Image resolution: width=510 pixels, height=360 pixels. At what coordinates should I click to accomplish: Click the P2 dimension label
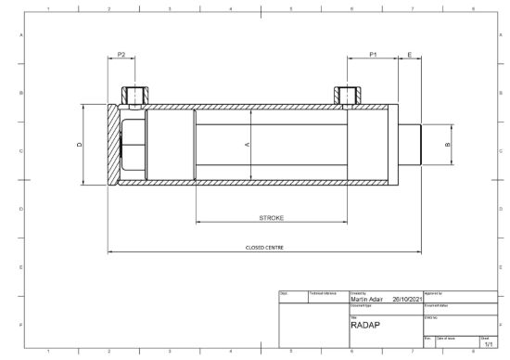tap(121, 56)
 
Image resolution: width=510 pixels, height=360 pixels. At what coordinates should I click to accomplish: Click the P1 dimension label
tap(373, 56)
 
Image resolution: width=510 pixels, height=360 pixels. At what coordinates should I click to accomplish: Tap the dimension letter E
tap(410, 56)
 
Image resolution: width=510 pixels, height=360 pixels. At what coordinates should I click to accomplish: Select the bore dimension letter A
tap(248, 146)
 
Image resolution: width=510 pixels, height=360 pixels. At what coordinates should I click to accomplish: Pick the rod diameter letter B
tap(448, 146)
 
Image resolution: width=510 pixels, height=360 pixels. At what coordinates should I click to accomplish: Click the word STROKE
tap(271, 218)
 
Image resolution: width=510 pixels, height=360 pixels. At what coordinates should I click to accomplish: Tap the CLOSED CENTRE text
tap(264, 248)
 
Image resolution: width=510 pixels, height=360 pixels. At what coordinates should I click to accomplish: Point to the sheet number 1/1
tap(489, 344)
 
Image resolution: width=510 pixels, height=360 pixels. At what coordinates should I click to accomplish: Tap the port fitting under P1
tap(346, 95)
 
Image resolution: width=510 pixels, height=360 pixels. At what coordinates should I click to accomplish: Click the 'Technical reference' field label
tap(322, 292)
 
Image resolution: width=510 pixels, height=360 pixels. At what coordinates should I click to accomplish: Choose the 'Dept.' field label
tap(284, 292)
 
